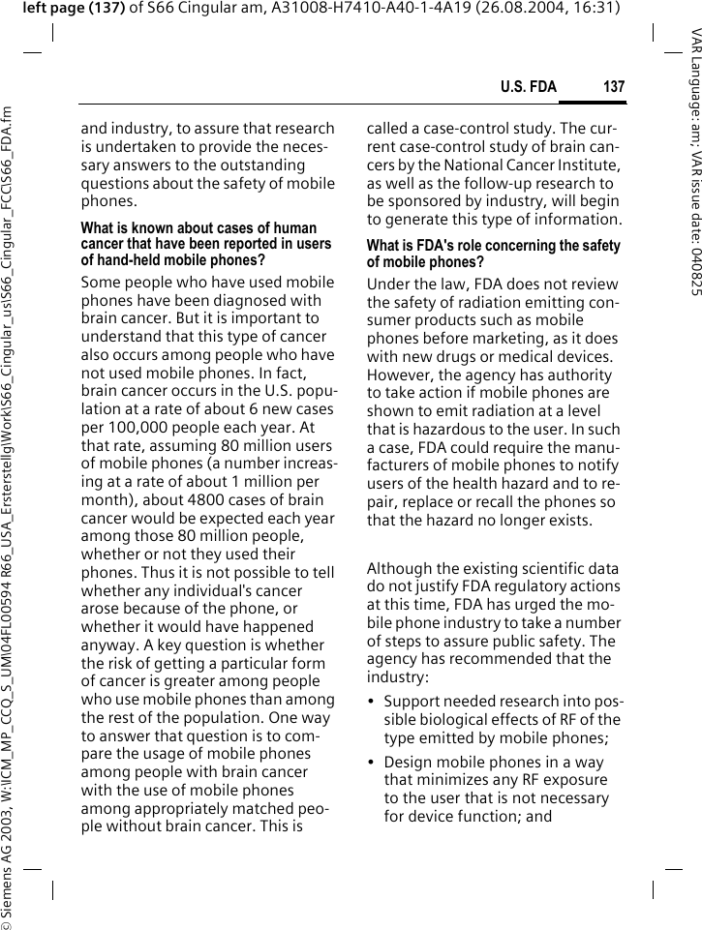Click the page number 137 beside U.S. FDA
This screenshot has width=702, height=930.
[614, 87]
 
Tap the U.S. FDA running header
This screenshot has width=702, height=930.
[529, 87]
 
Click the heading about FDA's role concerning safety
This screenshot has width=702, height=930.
[494, 255]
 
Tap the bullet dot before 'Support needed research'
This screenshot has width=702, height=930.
[372, 702]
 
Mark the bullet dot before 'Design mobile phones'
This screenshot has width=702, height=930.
[372, 762]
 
